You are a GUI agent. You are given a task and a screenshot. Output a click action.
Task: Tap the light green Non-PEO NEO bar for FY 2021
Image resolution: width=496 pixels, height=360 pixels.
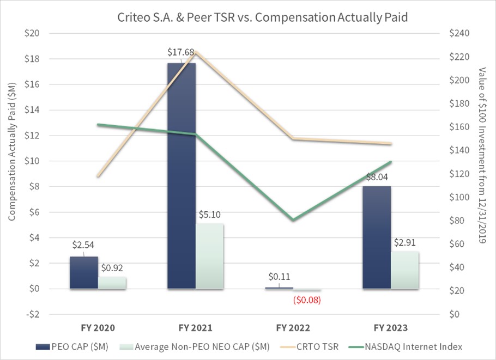(209, 255)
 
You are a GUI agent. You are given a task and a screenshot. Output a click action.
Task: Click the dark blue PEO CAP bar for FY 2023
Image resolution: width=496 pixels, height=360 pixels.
(376, 237)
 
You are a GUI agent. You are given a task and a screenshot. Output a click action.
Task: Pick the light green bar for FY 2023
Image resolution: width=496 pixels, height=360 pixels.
(404, 270)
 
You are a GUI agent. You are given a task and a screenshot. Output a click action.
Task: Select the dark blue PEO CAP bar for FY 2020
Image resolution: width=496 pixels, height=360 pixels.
(83, 272)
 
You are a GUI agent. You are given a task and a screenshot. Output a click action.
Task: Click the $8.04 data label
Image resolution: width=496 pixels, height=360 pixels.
(376, 176)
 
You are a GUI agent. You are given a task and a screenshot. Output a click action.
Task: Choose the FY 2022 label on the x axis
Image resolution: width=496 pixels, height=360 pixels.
(293, 328)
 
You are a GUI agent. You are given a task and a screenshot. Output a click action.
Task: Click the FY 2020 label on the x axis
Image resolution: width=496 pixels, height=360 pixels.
(98, 328)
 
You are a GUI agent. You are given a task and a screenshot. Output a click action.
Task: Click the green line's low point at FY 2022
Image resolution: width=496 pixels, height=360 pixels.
(293, 220)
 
